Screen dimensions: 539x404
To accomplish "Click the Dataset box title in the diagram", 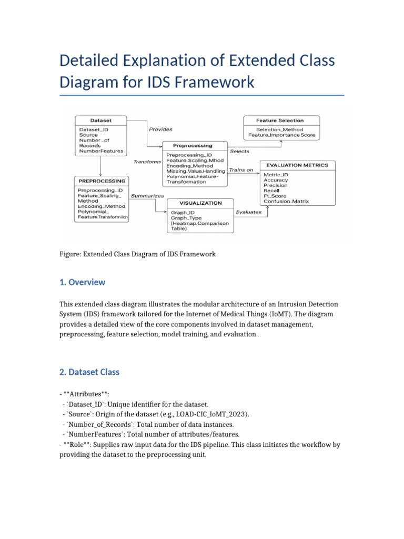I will coord(100,120).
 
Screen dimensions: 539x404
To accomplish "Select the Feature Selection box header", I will coord(279,120).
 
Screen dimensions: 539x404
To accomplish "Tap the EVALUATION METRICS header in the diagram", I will coord(297,165).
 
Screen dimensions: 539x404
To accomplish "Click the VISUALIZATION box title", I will coord(200,203).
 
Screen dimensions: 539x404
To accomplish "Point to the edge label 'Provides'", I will coord(160,129).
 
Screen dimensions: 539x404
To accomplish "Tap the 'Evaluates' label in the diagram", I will coord(248,212).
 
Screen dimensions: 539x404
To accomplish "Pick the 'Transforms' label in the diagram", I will coord(147,162).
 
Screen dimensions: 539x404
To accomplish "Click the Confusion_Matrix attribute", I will coord(286,201).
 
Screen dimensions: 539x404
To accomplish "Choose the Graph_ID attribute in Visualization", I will coord(183,213).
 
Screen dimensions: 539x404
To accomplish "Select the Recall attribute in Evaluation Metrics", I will coord(271,191).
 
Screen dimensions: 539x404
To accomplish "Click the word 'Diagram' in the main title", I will coord(90,82).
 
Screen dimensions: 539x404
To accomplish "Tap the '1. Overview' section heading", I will coord(83,282).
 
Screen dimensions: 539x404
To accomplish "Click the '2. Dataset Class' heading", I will coord(89,372).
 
